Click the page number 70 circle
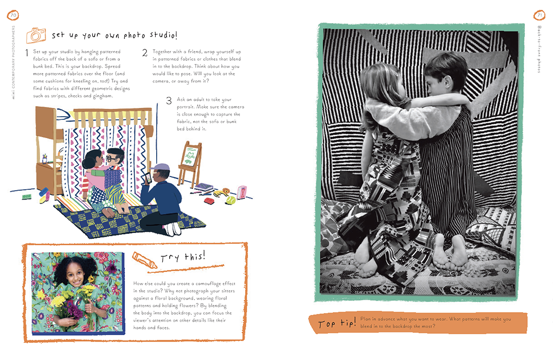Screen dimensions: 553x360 pyautogui.click(x=13, y=15)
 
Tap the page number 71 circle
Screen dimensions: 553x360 pyautogui.click(x=540, y=15)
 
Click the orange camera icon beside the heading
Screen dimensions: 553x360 pyautogui.click(x=36, y=35)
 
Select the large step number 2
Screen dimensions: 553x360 pyautogui.click(x=145, y=53)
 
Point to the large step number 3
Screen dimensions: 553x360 pyautogui.click(x=169, y=100)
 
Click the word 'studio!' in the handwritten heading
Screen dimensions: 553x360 pyautogui.click(x=164, y=35)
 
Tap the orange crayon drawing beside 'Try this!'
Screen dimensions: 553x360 pyautogui.click(x=145, y=260)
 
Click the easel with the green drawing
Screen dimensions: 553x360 pyautogui.click(x=190, y=163)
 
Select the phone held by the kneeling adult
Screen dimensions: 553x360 pyautogui.click(x=148, y=178)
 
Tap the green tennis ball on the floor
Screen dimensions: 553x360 pyautogui.click(x=230, y=200)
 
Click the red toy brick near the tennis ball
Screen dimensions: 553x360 pyautogui.click(x=209, y=201)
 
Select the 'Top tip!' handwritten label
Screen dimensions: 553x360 pyautogui.click(x=337, y=323)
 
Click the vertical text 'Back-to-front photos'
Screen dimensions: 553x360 pyautogui.click(x=539, y=49)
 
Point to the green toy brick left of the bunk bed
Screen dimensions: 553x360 pyautogui.click(x=26, y=196)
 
